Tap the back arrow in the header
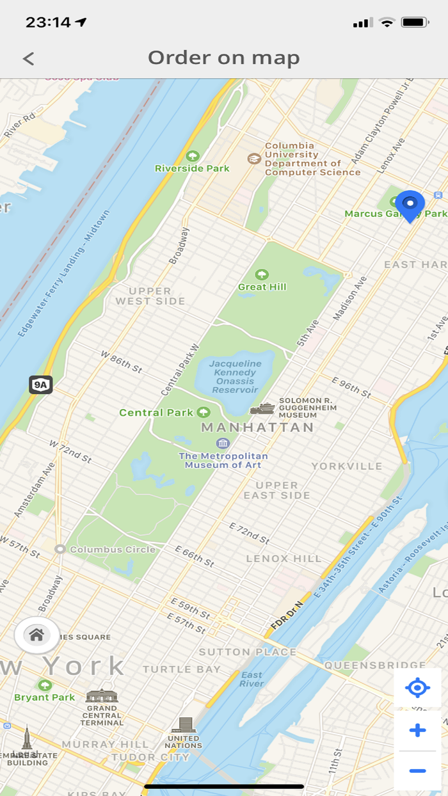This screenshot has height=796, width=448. coord(28,59)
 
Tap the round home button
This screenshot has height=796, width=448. coord(36,635)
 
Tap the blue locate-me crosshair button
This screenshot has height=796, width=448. coord(417,689)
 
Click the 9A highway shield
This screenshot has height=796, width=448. coord(40,385)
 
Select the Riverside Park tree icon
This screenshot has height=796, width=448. coord(192,156)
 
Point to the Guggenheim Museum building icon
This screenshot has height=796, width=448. coord(262,408)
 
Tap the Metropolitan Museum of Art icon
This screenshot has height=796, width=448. coord(223,443)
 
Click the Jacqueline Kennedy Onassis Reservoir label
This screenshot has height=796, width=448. coord(235,377)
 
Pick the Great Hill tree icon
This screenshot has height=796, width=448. coord(262,275)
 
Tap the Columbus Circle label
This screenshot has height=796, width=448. coord(113,549)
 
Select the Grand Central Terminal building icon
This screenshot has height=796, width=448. coord(102,696)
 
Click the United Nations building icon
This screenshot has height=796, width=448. coord(185,725)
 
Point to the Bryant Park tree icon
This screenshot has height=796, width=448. coord(45,685)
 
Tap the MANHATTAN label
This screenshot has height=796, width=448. coord(258,427)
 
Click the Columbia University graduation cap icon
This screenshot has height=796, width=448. coord(255,158)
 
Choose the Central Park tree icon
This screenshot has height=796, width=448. coord(204,412)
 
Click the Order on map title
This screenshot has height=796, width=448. coord(224,58)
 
